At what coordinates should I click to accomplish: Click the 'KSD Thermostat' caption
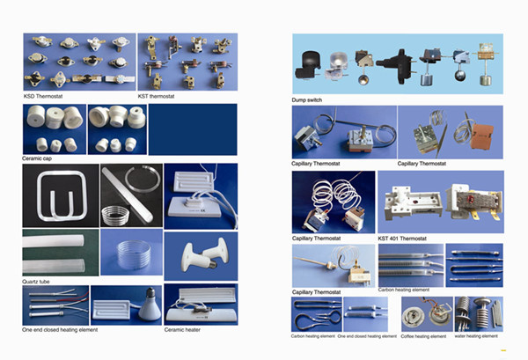tap(43, 96)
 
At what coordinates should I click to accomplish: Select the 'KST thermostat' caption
tap(156, 96)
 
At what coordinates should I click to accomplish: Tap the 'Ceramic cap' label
tap(37, 158)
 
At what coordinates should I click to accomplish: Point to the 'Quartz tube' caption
tap(36, 282)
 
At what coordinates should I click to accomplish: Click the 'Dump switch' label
tap(307, 100)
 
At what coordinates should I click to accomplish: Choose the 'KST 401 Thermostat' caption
tap(402, 239)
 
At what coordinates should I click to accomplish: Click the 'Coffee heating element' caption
tap(423, 336)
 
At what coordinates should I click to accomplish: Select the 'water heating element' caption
tap(476, 336)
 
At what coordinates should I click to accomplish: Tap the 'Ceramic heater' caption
tap(182, 330)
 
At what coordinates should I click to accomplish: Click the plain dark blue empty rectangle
tap(193, 129)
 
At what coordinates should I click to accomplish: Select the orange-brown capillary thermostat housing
tap(482, 136)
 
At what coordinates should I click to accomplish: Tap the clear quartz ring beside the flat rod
tap(143, 178)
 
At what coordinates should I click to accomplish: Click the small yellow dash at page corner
tap(503, 350)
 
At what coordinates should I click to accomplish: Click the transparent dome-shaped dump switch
tap(337, 66)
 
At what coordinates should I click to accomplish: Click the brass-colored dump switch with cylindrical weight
tap(485, 63)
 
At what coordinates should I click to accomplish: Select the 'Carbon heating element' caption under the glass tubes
tap(403, 290)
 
